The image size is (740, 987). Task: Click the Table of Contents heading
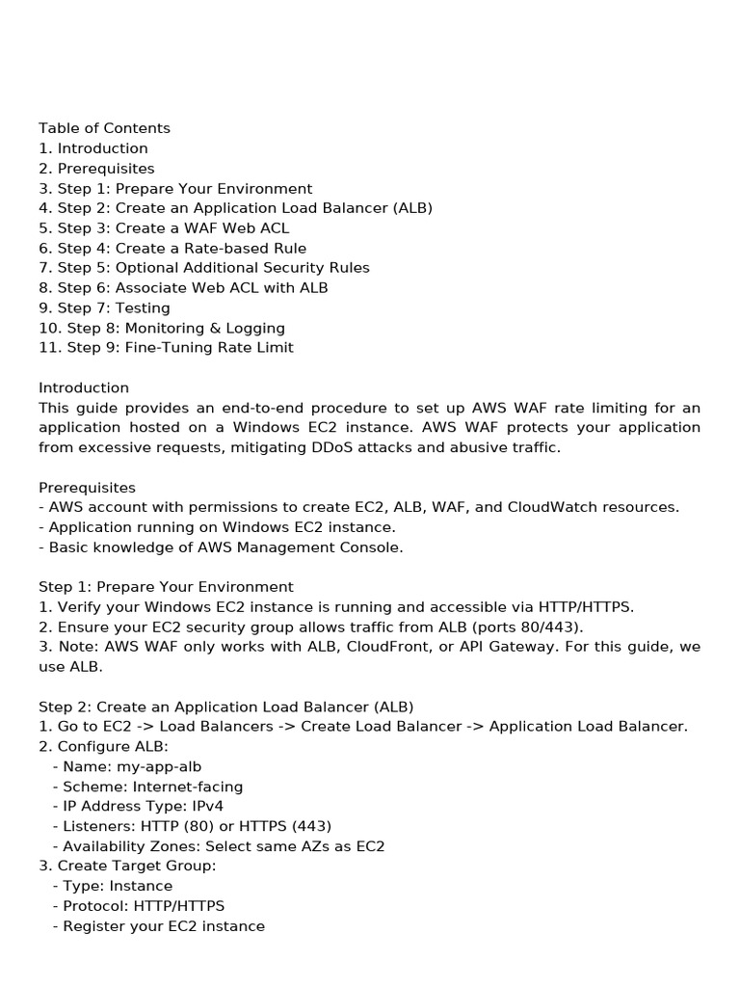point(104,128)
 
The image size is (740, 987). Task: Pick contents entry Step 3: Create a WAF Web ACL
point(164,228)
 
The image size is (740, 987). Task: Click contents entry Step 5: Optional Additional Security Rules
point(204,268)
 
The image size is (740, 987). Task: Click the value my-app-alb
point(148,766)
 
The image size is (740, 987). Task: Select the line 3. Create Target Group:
point(127,866)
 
